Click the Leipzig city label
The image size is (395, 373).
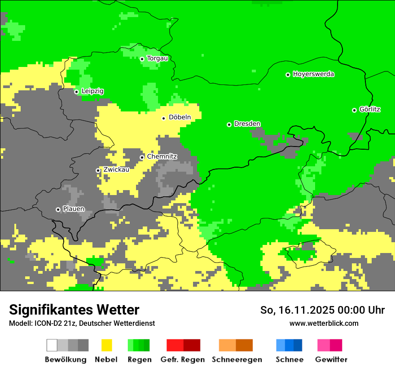click(92, 91)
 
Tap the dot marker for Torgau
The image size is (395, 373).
click(142, 59)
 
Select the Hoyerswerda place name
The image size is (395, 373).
click(313, 74)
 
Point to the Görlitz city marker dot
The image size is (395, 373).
click(354, 110)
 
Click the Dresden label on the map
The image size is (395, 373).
click(247, 124)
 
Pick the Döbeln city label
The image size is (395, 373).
click(180, 117)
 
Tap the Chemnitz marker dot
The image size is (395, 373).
click(142, 157)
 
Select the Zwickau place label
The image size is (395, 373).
click(116, 170)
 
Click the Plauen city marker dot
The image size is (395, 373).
click(58, 209)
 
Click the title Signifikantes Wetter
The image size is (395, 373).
click(74, 310)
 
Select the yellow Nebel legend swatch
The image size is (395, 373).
click(106, 345)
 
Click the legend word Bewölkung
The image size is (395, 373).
click(66, 360)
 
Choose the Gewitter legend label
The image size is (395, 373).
click(331, 360)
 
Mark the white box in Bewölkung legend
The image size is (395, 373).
click(52, 345)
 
